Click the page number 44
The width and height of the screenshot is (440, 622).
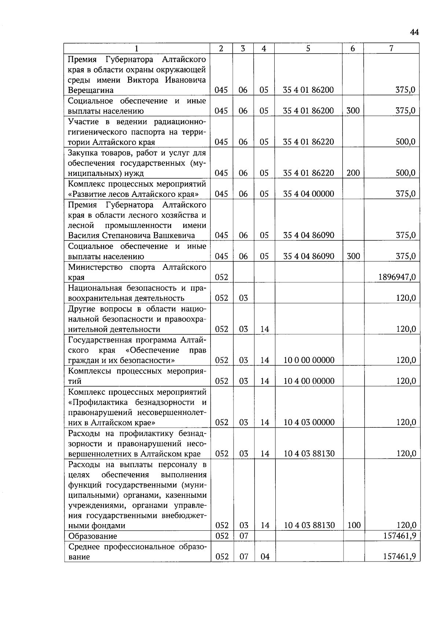414,33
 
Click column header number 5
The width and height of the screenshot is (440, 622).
308,48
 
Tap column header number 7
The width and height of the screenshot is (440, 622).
391,48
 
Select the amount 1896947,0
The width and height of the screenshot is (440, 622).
397,277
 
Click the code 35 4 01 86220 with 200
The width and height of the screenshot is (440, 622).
308,173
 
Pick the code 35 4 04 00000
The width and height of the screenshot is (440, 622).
308,194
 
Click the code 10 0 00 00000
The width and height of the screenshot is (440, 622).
309,360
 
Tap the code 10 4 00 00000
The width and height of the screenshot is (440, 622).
309,381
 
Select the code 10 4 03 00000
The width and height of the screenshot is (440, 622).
309,423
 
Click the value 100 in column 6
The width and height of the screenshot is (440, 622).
354,525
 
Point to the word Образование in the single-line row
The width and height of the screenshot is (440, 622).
93,536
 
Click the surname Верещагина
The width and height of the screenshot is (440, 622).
91,90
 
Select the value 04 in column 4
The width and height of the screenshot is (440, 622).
265,557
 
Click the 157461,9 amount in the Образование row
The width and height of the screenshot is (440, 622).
399,536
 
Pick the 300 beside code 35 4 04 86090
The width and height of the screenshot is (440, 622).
353,256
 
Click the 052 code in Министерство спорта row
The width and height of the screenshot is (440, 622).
221,277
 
